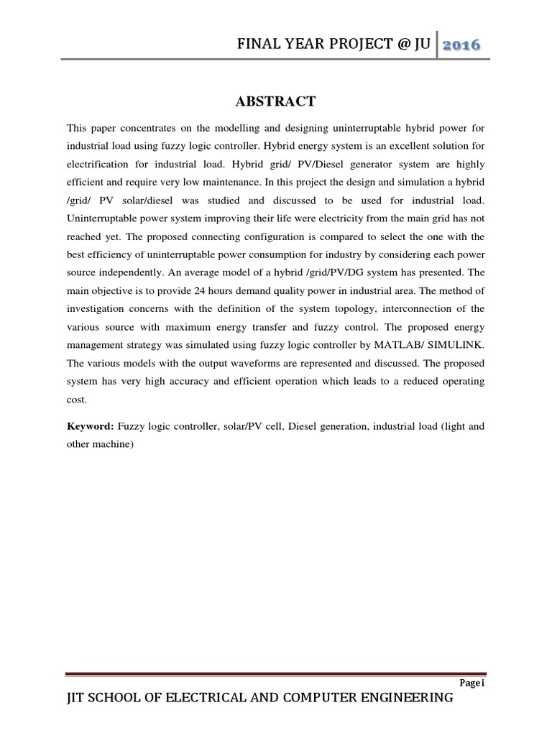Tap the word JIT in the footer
coord(78,699)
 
